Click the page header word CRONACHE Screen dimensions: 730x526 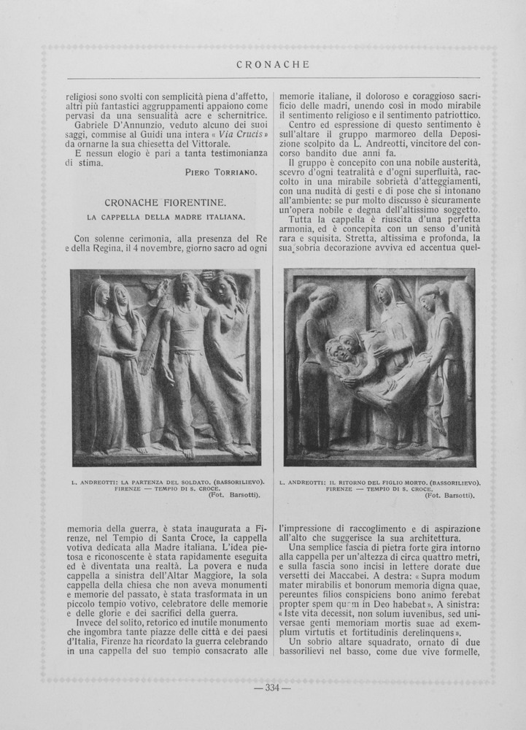coord(274,64)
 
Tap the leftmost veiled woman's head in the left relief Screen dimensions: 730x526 coord(98,291)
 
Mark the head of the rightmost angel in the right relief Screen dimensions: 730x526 coord(429,296)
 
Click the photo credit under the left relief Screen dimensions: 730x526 coord(234,495)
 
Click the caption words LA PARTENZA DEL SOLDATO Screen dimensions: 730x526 coord(168,482)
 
